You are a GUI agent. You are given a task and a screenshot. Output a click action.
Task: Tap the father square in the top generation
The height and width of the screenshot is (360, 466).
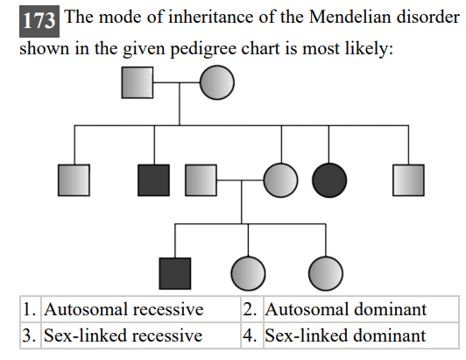pyautogui.click(x=137, y=85)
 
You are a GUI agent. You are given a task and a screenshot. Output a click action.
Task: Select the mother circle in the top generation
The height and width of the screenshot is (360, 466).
pyautogui.click(x=217, y=85)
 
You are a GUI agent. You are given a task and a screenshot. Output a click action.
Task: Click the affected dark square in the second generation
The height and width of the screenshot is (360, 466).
pyautogui.click(x=154, y=180)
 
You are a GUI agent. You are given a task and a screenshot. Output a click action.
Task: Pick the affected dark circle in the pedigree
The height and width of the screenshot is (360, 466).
pyautogui.click(x=329, y=180)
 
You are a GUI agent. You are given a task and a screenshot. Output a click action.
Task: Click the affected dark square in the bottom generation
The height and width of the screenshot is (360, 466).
pyautogui.click(x=175, y=272)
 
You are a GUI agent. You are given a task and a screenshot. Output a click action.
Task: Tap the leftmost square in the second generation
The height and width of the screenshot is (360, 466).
pyautogui.click(x=74, y=180)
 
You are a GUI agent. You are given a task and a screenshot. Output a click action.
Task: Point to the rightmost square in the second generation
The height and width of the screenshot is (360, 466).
pyautogui.click(x=408, y=180)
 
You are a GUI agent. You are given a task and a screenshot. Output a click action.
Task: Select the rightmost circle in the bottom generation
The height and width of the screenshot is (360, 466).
pyautogui.click(x=325, y=272)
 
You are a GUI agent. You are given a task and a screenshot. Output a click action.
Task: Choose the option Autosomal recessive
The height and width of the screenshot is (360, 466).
pyautogui.click(x=124, y=309)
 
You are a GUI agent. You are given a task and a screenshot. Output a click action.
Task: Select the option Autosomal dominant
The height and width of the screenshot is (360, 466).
pyautogui.click(x=346, y=309)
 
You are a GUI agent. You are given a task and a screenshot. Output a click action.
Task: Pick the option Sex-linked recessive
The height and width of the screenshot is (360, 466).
pyautogui.click(x=123, y=335)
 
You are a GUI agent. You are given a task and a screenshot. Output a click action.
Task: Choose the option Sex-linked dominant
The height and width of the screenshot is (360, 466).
pyautogui.click(x=345, y=335)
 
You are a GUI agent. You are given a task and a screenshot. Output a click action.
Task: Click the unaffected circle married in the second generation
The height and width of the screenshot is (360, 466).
pyautogui.click(x=280, y=180)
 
